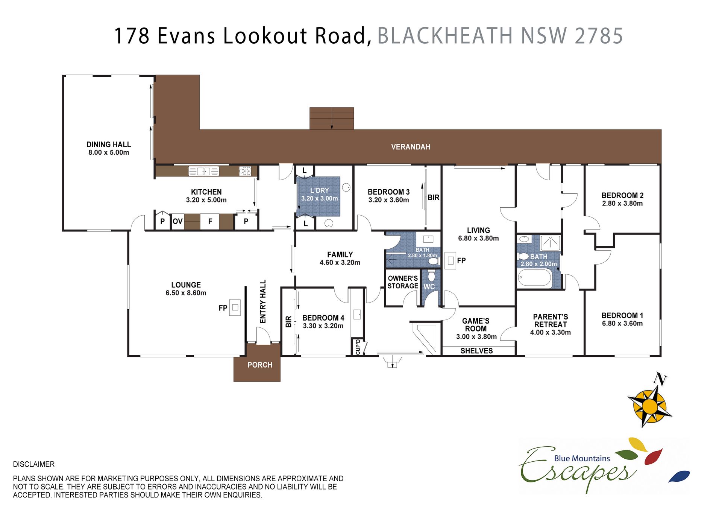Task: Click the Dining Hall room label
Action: click(109, 144)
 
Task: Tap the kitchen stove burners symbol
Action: click(245, 171)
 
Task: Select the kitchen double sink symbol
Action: click(203, 171)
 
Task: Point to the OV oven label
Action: click(177, 221)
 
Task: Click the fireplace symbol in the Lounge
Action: click(235, 307)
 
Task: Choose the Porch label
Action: click(260, 365)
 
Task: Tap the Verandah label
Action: click(411, 147)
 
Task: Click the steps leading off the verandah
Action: click(332, 119)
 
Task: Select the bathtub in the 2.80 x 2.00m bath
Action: click(535, 278)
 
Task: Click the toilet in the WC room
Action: click(431, 275)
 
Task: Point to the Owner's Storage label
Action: click(403, 282)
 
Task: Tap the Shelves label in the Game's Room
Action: click(476, 351)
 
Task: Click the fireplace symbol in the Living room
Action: click(450, 260)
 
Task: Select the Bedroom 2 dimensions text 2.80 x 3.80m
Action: click(622, 204)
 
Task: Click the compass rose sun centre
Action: click(649, 407)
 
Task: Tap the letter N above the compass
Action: click(660, 379)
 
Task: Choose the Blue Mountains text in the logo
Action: click(582, 458)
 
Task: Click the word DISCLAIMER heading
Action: click(34, 464)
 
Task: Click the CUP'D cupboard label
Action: click(358, 347)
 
